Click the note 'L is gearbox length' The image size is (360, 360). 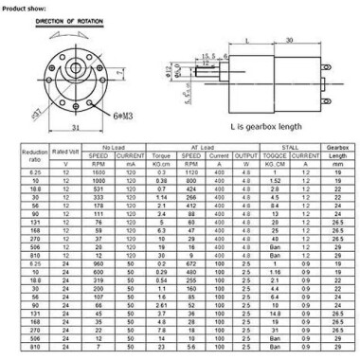click(x=264, y=125)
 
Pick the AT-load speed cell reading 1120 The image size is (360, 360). click(x=191, y=171)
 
